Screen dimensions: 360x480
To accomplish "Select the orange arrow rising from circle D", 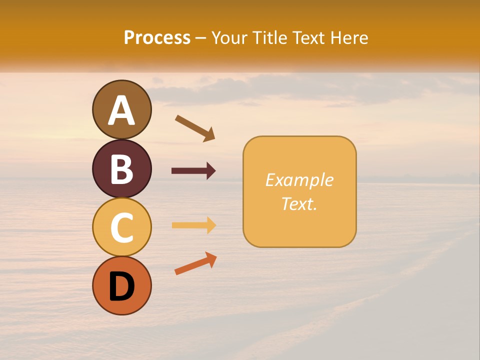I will [x=195, y=263].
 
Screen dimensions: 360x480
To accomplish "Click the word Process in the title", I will [x=157, y=38].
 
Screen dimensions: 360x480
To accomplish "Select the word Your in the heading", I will [x=230, y=38].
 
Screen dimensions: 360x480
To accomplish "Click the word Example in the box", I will [x=299, y=180].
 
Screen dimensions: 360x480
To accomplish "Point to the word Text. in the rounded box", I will [x=299, y=203].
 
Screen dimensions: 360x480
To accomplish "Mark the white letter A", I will [x=121, y=110].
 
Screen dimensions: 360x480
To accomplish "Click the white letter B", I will [x=121, y=169].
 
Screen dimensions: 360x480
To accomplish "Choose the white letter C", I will [x=121, y=228].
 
